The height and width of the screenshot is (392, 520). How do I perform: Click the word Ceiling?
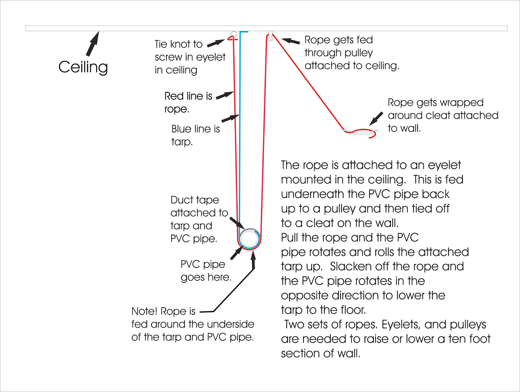click(83, 67)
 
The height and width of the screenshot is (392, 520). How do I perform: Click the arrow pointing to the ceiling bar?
click(93, 44)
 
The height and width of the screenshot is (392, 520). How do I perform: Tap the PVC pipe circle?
click(249, 239)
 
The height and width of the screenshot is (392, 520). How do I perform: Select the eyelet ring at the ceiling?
click(233, 34)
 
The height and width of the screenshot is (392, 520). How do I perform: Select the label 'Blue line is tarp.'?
click(195, 135)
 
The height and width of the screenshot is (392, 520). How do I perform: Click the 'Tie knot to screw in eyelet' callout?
click(190, 57)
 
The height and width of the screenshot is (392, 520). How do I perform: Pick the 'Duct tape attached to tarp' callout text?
click(199, 219)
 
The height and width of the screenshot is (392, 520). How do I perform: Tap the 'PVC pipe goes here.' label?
click(206, 271)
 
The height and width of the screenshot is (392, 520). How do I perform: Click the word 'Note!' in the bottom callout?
click(144, 311)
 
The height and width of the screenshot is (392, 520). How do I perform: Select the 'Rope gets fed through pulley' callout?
click(351, 53)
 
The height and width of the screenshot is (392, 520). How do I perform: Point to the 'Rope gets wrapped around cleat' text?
click(442, 115)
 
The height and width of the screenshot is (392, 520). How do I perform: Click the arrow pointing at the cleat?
click(376, 119)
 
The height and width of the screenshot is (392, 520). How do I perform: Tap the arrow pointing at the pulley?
click(291, 41)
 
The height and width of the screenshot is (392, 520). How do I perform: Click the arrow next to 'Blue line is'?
click(230, 118)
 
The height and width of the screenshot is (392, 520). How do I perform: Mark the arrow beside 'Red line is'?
click(225, 95)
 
